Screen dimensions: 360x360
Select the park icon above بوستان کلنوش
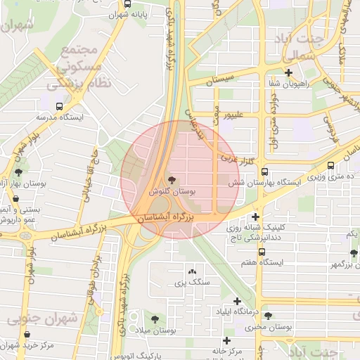coord(173,180)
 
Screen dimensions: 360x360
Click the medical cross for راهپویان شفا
coord(288,72)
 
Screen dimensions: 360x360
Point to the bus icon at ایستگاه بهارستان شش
coord(264,171)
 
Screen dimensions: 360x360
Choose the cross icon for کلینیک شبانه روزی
coord(256,217)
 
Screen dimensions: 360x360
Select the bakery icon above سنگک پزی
coord(192,271)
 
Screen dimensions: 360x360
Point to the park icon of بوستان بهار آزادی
coord(18,172)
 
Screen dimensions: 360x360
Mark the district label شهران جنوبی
coord(42,319)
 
